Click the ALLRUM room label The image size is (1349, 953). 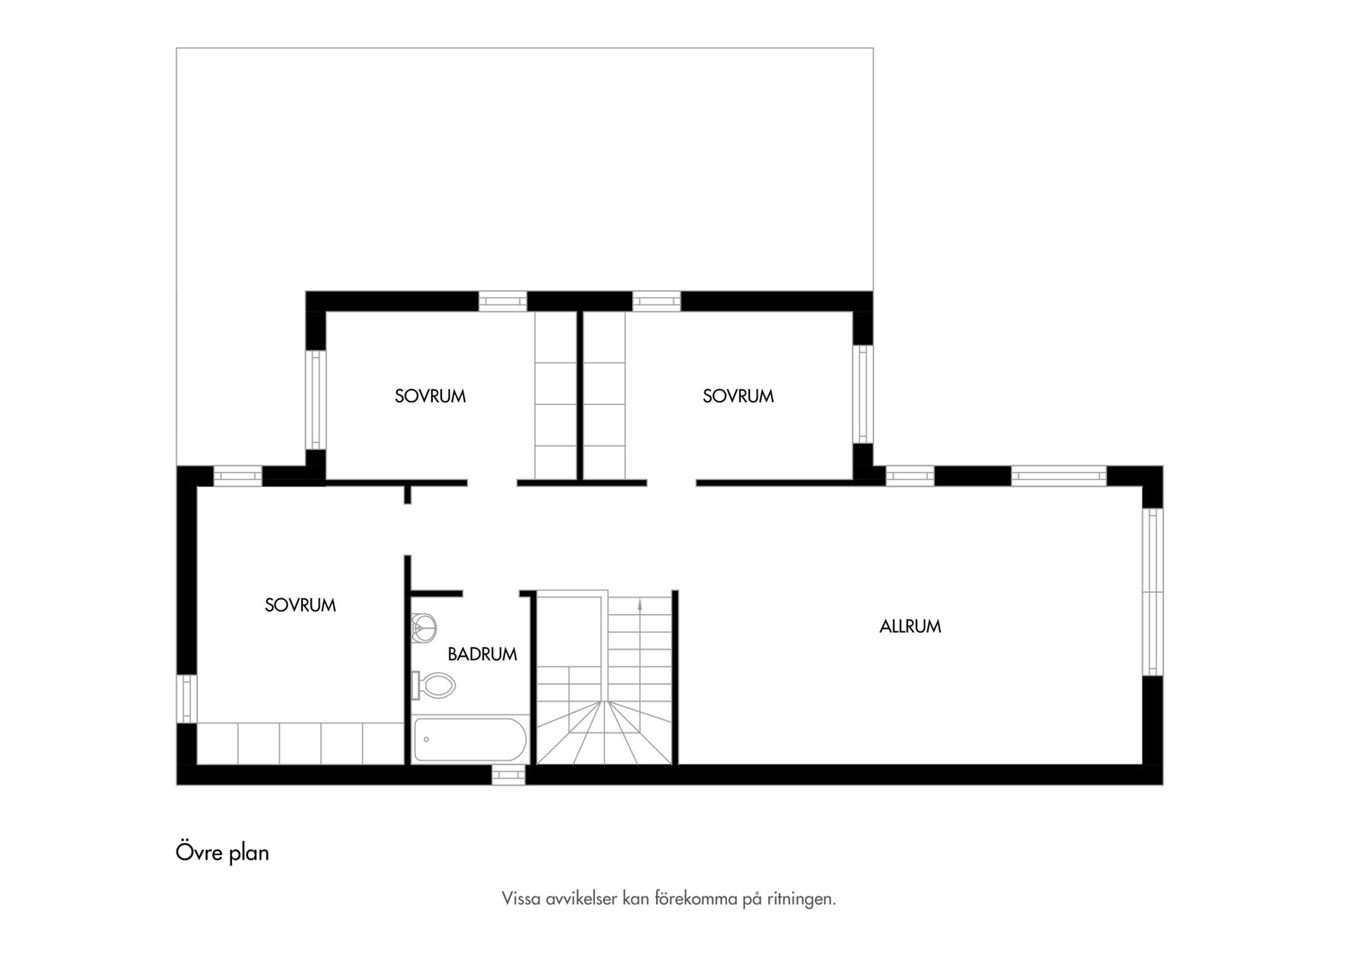click(x=909, y=627)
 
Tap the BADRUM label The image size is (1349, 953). click(x=482, y=655)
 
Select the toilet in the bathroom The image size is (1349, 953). click(x=433, y=685)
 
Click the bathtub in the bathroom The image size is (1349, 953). click(x=471, y=739)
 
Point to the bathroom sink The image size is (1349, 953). click(x=424, y=628)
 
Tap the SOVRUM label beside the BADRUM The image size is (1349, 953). click(x=300, y=605)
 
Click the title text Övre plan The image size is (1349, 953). click(x=222, y=852)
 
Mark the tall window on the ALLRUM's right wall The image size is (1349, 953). click(x=1152, y=592)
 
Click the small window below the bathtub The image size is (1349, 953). click(x=509, y=775)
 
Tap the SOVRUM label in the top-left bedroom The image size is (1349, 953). click(x=430, y=396)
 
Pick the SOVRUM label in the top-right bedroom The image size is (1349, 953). click(x=738, y=396)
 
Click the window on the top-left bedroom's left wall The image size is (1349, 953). click(x=315, y=400)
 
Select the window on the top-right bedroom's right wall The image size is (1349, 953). click(x=863, y=394)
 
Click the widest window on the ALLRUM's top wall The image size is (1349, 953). click(x=1059, y=476)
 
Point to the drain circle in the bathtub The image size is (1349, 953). click(x=426, y=739)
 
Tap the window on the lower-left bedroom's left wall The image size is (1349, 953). click(x=186, y=698)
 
